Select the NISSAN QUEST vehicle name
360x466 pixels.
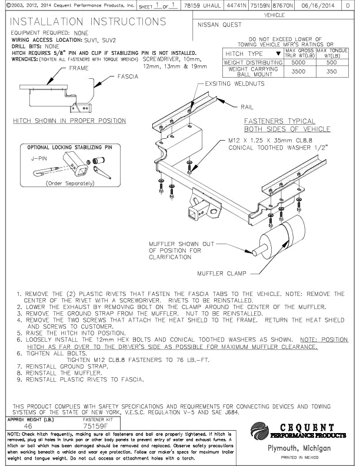(x=219, y=25)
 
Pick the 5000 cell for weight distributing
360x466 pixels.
(x=299, y=62)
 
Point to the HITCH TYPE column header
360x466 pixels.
(x=247, y=54)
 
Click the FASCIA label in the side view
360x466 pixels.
(x=128, y=76)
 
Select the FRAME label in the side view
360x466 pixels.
(x=79, y=68)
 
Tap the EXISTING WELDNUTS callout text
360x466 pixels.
(x=235, y=84)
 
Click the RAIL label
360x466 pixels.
(x=246, y=108)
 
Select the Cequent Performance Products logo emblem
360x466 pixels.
(x=259, y=430)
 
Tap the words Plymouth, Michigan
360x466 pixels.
(x=298, y=448)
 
